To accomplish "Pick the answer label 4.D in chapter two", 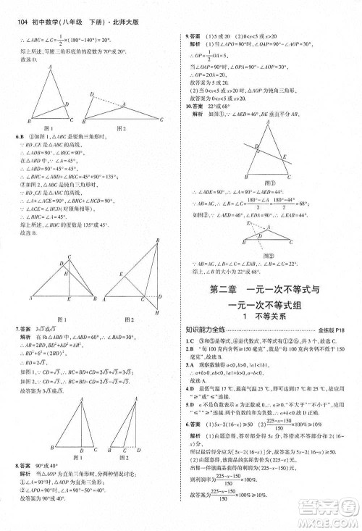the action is point(190,389).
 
